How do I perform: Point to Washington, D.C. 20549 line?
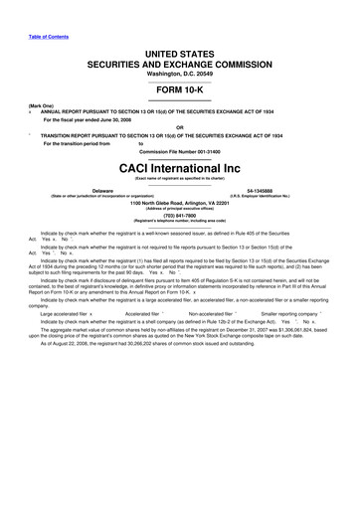pos(179,75)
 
